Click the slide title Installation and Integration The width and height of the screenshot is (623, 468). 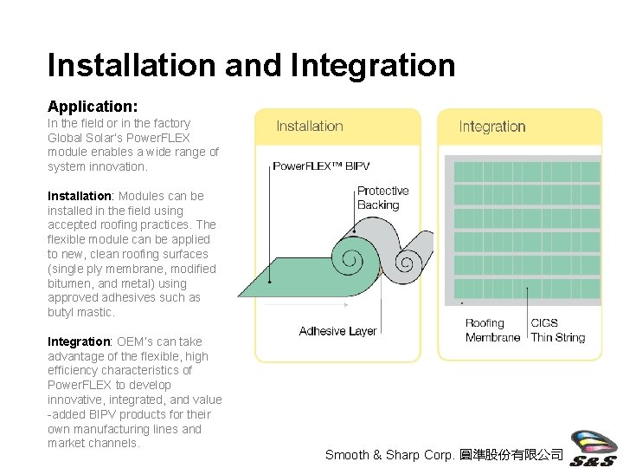coord(251,65)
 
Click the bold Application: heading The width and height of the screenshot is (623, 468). coord(93,107)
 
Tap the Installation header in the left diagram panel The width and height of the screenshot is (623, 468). coord(309,127)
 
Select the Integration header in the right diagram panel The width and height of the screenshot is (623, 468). coord(491,127)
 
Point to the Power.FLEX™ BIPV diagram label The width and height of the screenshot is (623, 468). coord(321,166)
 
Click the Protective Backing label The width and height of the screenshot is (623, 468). coord(382,198)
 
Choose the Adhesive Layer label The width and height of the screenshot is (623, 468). coord(337,331)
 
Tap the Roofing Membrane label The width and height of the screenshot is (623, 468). coord(492,330)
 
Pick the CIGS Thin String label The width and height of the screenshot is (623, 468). coord(557,330)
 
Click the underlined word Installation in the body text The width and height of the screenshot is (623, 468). coord(79,196)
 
